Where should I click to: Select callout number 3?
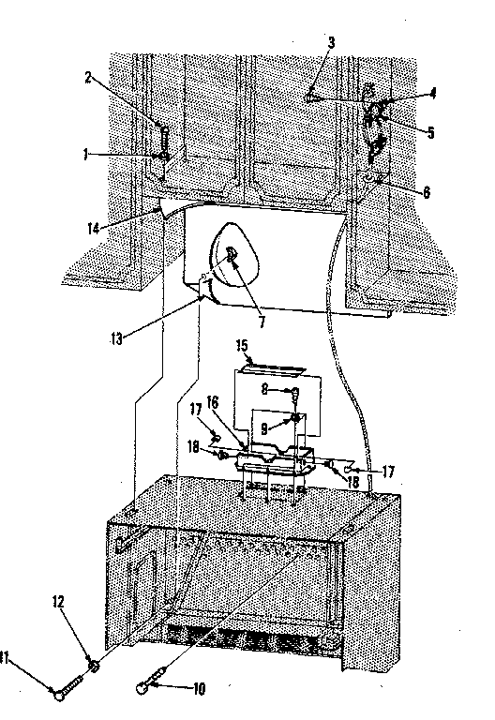pos(331,43)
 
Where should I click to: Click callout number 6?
pos(426,193)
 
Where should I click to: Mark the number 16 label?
pos(212,400)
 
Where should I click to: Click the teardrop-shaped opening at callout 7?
pos(232,254)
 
